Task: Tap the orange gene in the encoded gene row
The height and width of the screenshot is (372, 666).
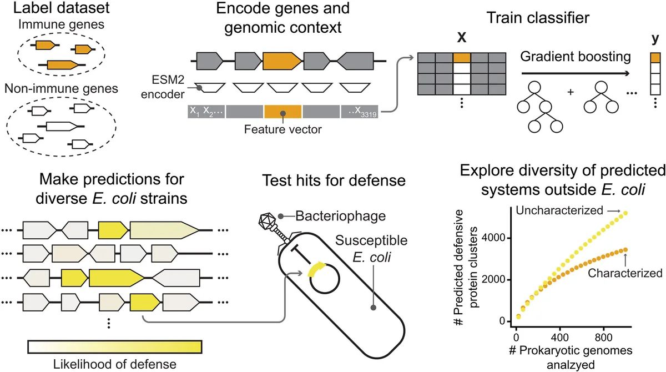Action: point(282,58)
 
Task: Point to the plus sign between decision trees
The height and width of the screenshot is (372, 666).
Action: point(570,91)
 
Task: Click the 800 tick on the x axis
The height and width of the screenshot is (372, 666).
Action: point(603,338)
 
